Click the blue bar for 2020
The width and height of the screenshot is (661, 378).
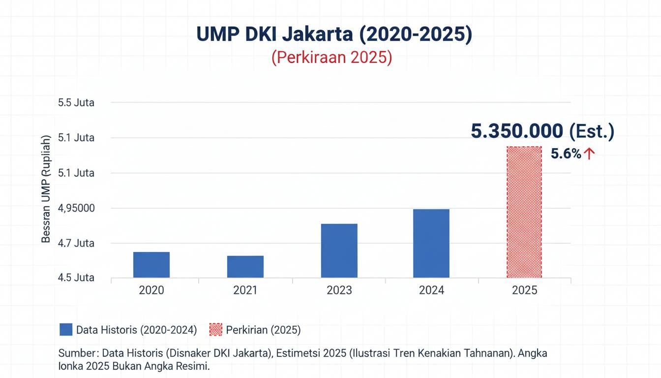(151, 265)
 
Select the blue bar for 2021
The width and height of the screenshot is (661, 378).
(245, 267)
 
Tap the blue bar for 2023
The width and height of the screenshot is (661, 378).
(339, 251)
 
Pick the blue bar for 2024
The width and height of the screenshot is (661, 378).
(431, 243)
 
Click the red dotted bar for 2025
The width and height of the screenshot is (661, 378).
(524, 212)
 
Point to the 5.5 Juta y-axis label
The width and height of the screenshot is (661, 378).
(76, 103)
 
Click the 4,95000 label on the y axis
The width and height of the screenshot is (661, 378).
(76, 208)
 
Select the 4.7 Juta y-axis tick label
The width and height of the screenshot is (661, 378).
(76, 243)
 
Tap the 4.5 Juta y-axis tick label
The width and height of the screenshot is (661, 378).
(76, 278)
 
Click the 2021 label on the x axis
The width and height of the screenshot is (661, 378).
(245, 290)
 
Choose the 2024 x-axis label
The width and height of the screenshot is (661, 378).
(431, 290)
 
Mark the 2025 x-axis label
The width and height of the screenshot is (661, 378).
(524, 290)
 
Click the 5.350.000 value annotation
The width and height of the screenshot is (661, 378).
(517, 131)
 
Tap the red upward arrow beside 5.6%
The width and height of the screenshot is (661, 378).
(589, 154)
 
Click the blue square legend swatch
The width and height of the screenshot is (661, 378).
(66, 330)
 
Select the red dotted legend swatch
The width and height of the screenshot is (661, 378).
(216, 330)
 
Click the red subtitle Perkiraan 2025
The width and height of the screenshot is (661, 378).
(331, 57)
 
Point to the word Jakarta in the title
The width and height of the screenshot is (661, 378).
(312, 34)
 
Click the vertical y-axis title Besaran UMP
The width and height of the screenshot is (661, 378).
(46, 189)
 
